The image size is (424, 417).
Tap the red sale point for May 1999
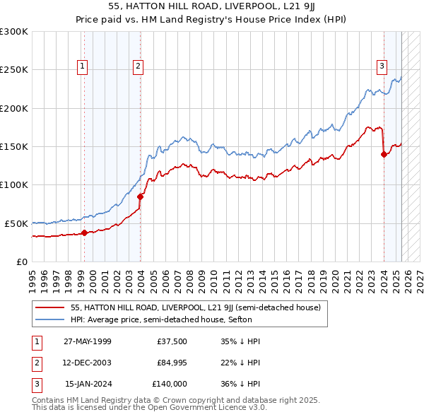coord(84,233)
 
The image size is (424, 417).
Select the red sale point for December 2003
coord(140,196)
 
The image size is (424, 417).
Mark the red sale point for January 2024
coord(384,155)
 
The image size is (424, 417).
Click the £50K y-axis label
coord(17,223)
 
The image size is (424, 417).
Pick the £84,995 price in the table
coord(172,363)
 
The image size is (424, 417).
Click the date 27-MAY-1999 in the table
coord(88,341)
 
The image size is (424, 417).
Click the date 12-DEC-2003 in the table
coord(88,363)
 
